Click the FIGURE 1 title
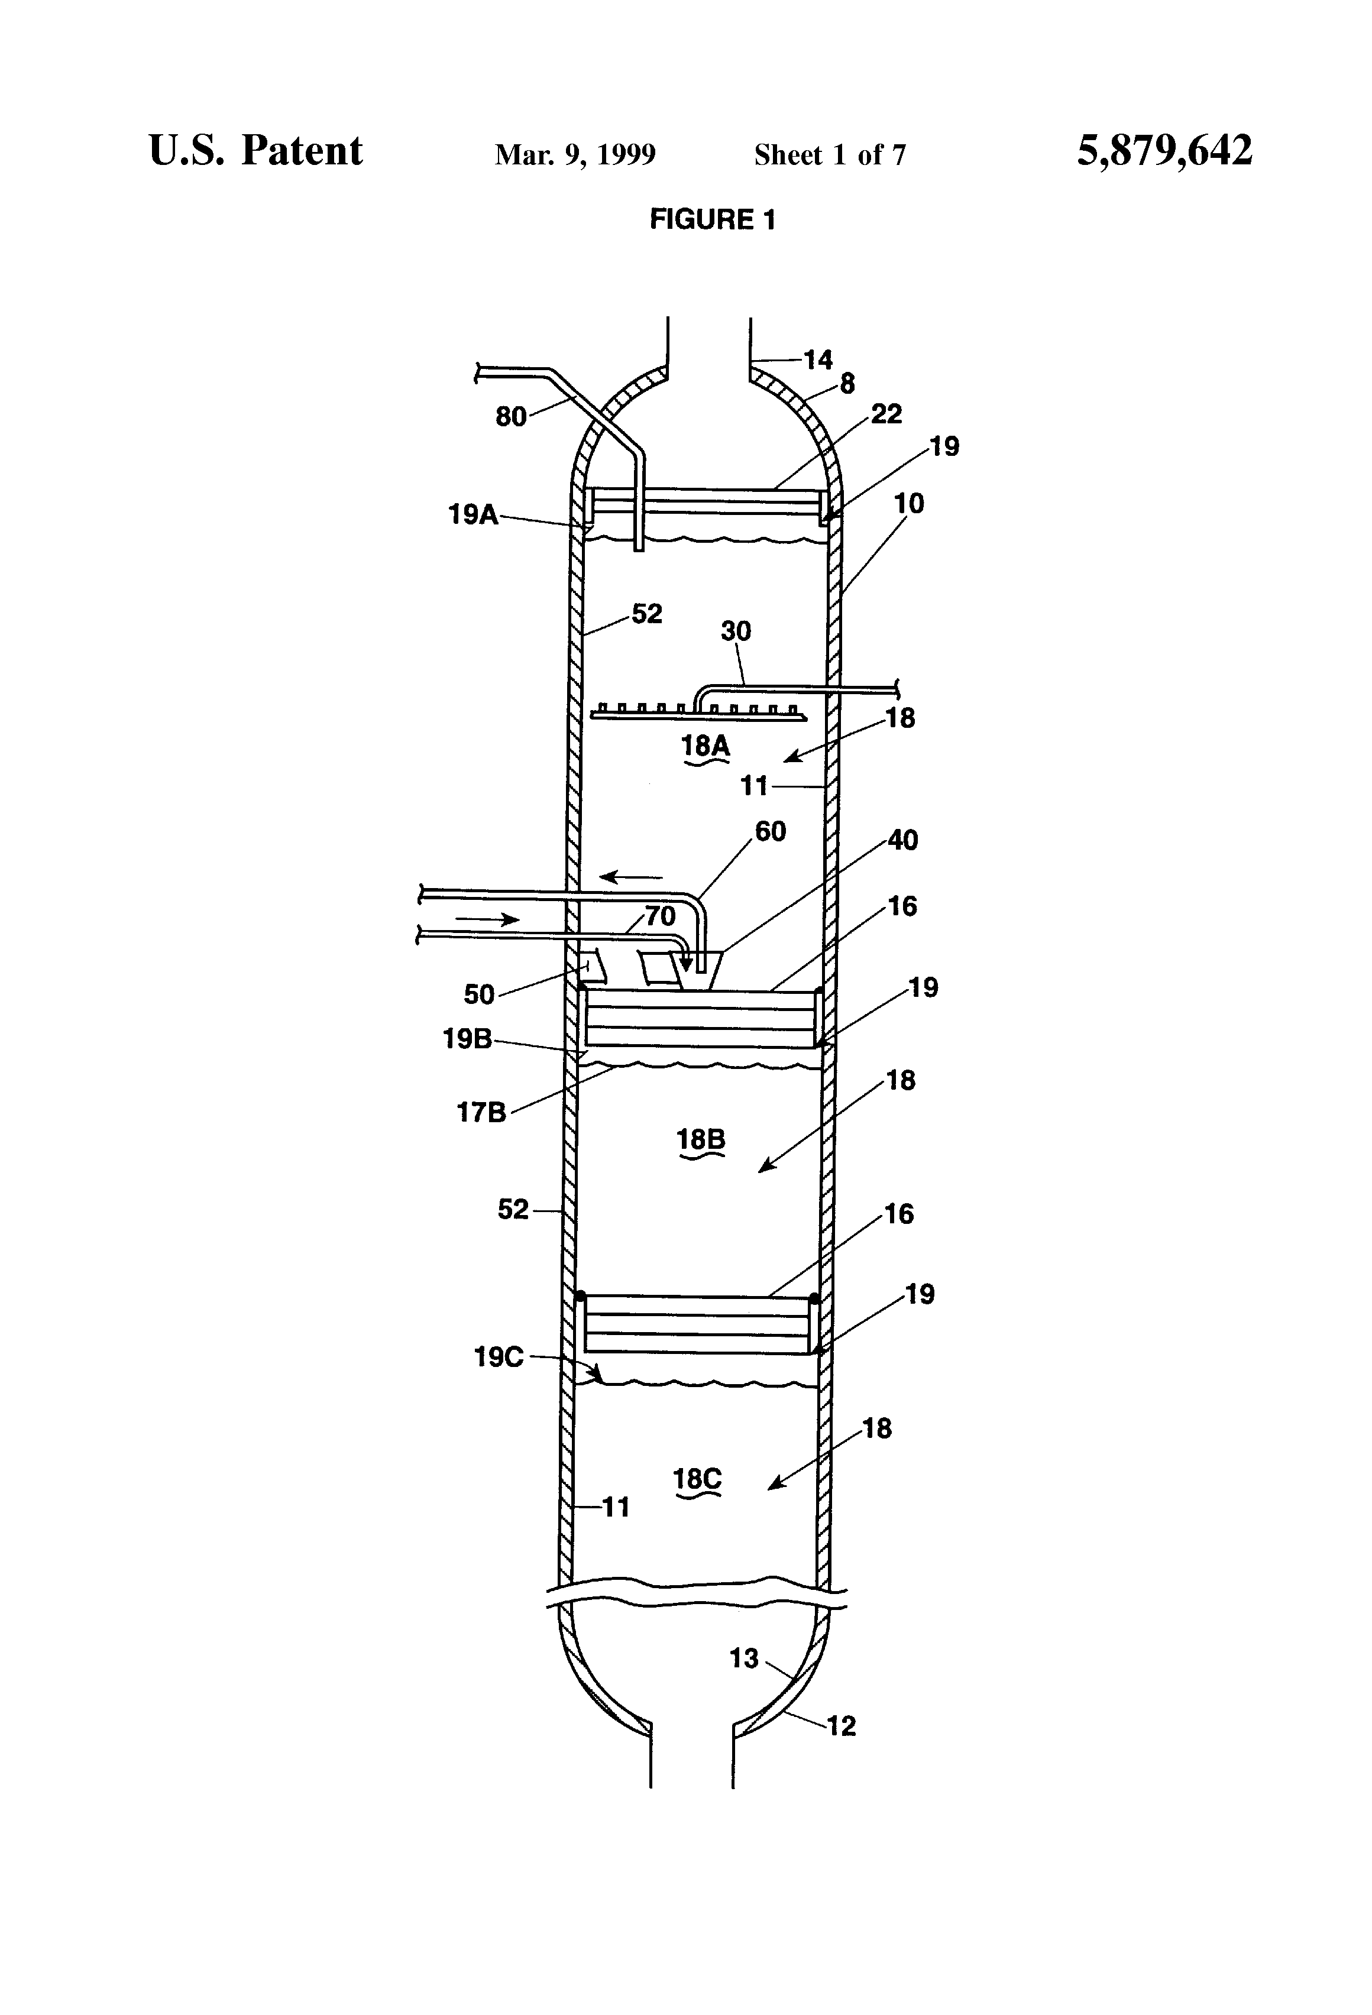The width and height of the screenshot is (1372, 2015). click(x=712, y=219)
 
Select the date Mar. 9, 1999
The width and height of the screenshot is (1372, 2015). click(x=575, y=155)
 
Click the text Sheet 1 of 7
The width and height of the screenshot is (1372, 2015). click(x=830, y=155)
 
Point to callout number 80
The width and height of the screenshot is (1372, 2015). click(x=511, y=417)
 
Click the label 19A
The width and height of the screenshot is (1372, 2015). click(x=473, y=515)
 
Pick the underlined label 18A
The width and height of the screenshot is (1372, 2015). click(x=705, y=745)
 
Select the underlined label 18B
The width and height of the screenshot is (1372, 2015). click(x=701, y=1139)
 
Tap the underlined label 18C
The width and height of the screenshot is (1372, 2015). click(x=697, y=1479)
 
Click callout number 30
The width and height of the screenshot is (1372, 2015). click(x=736, y=631)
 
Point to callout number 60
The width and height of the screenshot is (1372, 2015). click(x=770, y=831)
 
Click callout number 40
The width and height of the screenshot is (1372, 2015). click(x=902, y=840)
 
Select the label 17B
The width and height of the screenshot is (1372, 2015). click(x=481, y=1112)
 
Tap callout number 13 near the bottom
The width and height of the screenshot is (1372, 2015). click(x=744, y=1658)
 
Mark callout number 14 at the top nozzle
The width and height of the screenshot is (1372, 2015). click(x=817, y=360)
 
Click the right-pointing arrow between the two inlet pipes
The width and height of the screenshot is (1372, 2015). click(x=487, y=919)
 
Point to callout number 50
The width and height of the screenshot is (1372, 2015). click(x=479, y=994)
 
